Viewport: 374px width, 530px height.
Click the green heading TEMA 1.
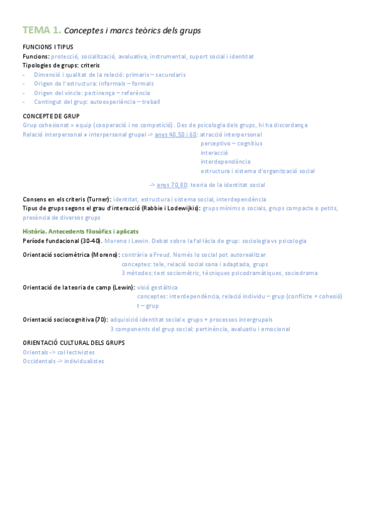(41, 29)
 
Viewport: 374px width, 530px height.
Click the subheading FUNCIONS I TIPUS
(47, 47)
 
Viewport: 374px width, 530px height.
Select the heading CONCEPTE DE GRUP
(51, 116)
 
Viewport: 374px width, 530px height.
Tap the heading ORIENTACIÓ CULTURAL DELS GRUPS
(73, 342)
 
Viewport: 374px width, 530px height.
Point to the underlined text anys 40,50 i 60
(175, 134)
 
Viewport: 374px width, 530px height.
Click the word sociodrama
(302, 273)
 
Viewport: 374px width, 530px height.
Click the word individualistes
(84, 361)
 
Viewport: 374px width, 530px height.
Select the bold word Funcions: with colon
(36, 56)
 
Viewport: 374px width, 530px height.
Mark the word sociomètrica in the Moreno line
(70, 255)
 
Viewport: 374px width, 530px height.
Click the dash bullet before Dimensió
(24, 74)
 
